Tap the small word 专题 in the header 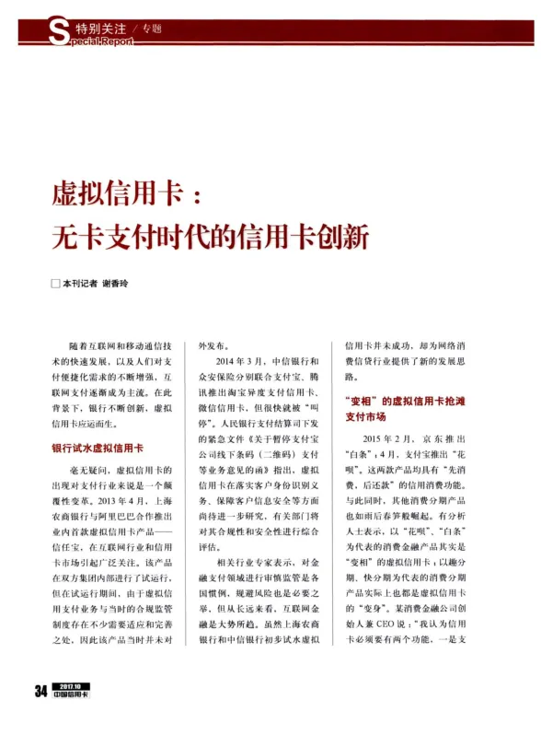coord(152,29)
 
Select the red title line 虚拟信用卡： coord(125,195)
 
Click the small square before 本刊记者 coord(55,285)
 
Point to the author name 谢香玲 coord(116,285)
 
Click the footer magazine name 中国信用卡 coord(72,718)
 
